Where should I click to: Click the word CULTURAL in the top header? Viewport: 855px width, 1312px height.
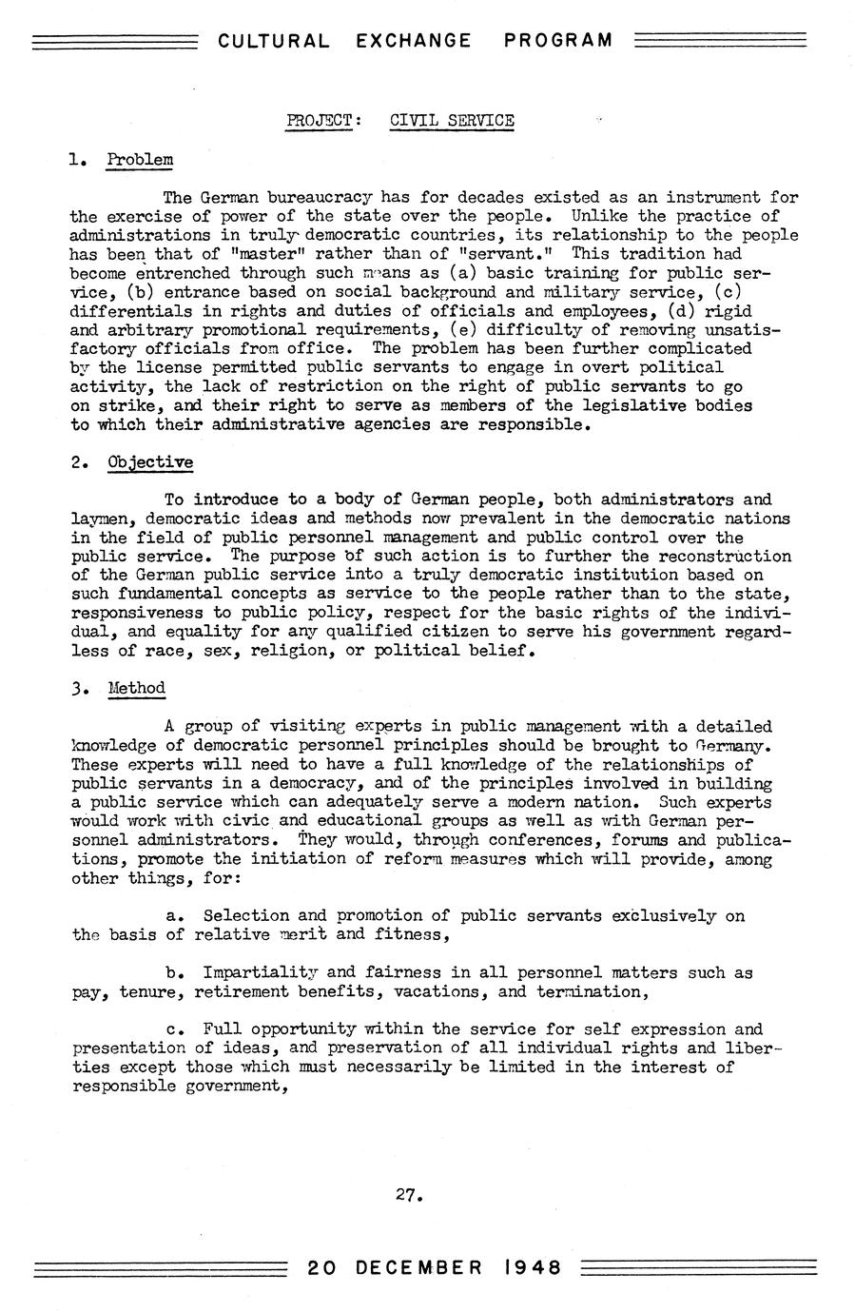(274, 41)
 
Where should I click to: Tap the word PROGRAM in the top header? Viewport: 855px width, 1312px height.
(558, 41)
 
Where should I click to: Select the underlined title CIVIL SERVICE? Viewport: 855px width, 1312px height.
(452, 121)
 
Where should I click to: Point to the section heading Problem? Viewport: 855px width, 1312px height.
(140, 159)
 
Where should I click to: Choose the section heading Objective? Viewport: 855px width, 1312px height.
(150, 462)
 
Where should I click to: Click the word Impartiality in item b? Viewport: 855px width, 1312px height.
(260, 972)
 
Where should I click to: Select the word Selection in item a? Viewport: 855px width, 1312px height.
(245, 915)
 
